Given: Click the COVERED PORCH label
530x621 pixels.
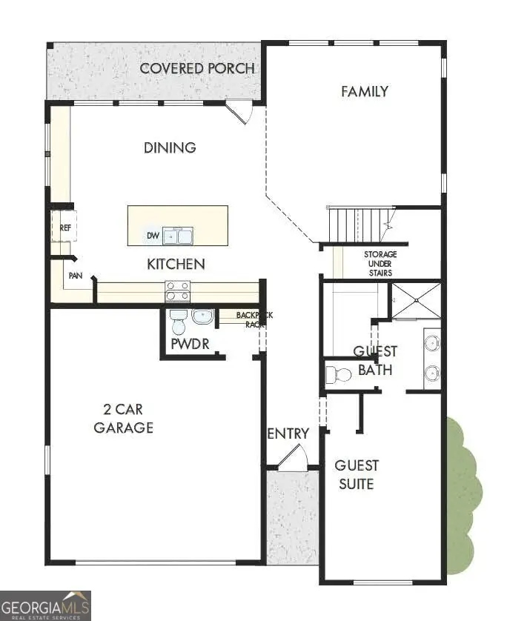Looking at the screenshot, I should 197,68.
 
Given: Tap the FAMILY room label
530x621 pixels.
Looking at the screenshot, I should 365,92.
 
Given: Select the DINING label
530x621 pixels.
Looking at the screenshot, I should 170,147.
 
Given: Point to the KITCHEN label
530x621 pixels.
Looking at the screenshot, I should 176,264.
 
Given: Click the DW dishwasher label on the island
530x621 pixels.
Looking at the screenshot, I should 153,236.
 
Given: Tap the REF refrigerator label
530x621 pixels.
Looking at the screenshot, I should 65,228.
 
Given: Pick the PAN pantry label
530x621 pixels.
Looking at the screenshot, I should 75,275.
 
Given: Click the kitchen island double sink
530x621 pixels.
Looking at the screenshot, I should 179,236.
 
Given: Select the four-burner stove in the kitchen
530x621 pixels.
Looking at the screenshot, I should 178,291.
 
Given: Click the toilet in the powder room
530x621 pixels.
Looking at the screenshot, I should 178,323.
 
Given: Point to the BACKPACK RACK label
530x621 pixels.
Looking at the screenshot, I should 254,319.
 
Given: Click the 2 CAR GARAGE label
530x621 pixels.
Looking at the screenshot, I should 124,418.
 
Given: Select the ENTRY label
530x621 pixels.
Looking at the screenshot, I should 288,434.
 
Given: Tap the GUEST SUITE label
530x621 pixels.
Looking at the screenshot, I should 357,474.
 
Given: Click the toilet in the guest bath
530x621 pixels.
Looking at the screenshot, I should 339,373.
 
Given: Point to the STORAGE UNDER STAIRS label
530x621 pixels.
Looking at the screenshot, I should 380,262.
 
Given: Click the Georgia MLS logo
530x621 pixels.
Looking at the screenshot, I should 45,605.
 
